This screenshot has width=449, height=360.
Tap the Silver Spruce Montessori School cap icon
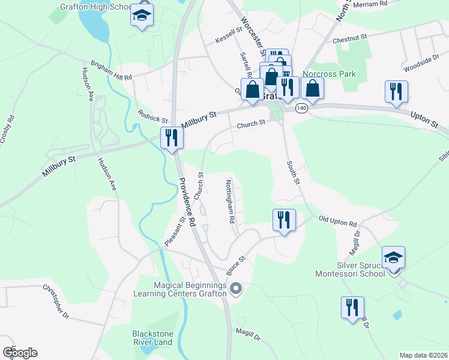click(394, 258)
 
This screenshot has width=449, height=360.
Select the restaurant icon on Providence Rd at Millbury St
click(172, 138)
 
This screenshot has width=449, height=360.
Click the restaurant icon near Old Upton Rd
click(283, 220)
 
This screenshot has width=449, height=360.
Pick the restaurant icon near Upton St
click(396, 91)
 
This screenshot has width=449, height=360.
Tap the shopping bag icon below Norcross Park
click(313, 88)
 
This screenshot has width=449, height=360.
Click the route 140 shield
click(301, 108)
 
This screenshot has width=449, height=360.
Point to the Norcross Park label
click(329, 74)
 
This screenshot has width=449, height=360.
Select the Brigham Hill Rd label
click(111, 70)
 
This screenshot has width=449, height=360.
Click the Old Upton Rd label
click(338, 221)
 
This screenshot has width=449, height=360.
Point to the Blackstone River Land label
click(152, 338)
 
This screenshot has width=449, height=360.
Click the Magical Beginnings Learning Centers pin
click(235, 289)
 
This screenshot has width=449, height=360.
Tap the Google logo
click(20, 353)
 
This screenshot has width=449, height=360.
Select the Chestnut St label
click(350, 37)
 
